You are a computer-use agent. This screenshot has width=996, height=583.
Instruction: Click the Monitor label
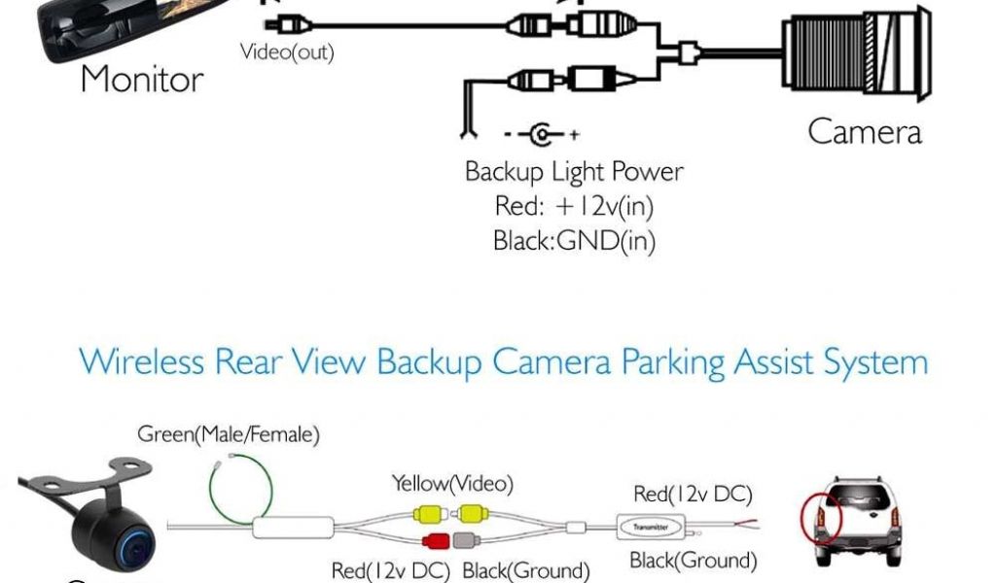[142, 79]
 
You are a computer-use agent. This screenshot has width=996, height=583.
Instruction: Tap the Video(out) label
[287, 52]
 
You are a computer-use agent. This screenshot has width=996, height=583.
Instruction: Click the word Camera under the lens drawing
[864, 131]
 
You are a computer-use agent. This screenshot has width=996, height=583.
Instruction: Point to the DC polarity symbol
[542, 133]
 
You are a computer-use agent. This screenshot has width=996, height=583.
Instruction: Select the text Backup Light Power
[574, 173]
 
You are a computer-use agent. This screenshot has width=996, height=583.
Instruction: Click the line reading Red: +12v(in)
[574, 207]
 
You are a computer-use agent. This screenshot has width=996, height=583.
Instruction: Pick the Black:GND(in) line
[574, 240]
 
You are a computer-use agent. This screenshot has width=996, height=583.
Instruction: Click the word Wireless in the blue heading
[142, 362]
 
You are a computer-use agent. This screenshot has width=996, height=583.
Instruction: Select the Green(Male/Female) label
[229, 434]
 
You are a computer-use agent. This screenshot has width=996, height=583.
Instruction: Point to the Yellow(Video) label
[452, 483]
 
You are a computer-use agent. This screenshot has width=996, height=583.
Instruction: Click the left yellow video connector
[430, 513]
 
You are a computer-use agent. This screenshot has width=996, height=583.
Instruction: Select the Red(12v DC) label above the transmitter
[693, 495]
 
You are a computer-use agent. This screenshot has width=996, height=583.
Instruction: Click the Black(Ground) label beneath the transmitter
[693, 561]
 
